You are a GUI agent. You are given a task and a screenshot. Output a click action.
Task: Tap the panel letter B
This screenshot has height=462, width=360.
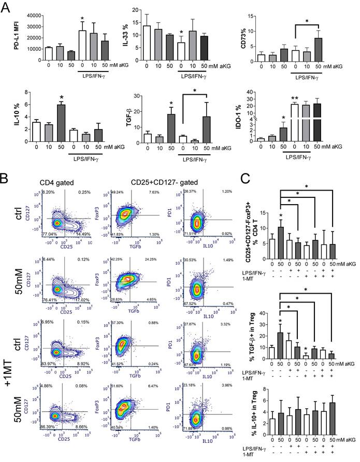click(x=7, y=181)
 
